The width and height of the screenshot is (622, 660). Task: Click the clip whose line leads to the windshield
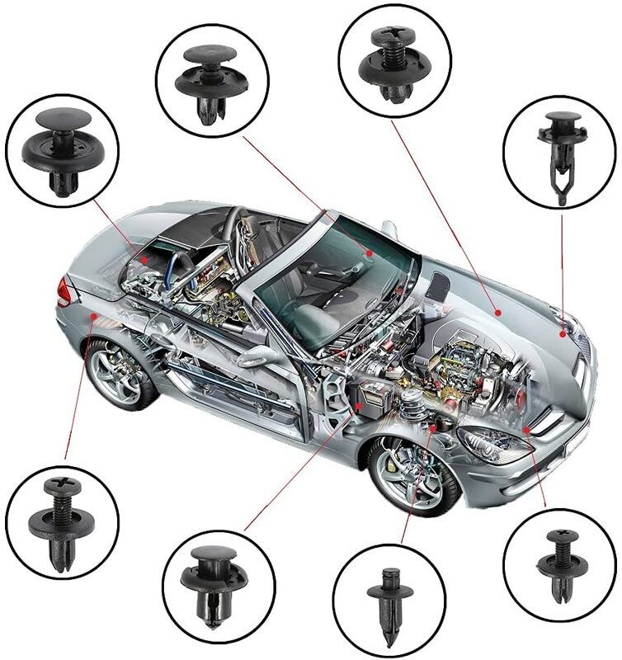(x=212, y=82)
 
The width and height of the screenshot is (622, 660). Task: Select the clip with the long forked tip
(x=562, y=157)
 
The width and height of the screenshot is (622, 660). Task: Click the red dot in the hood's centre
(x=497, y=312)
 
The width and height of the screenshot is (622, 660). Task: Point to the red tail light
(x=64, y=290)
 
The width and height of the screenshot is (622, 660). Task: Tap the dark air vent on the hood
(x=440, y=285)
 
